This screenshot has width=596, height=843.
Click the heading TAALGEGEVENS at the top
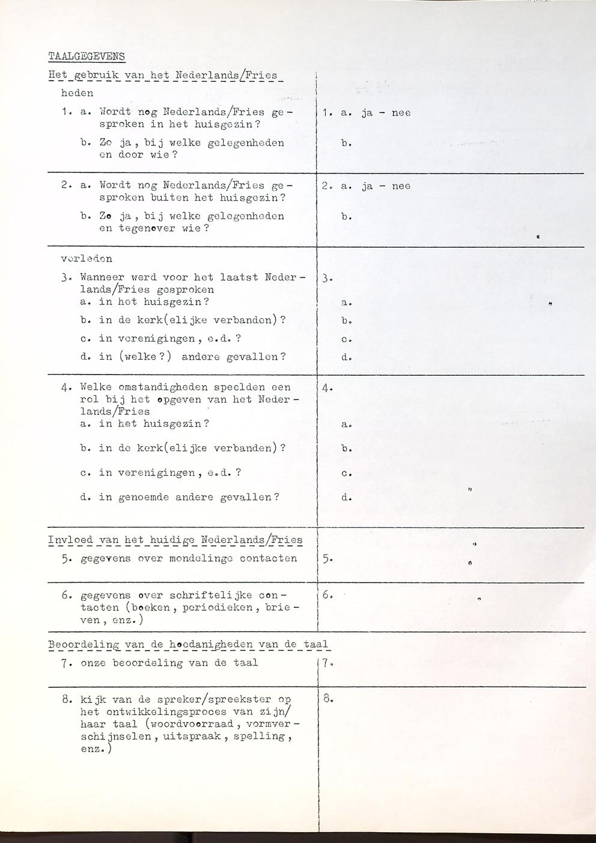coord(87,57)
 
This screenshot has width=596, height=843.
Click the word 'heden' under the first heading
coord(77,93)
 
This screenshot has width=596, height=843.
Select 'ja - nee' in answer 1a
coord(386,113)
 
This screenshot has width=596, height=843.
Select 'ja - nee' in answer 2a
coord(386,186)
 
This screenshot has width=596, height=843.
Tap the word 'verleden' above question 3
coord(87,259)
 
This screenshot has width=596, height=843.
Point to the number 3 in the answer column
coord(325,278)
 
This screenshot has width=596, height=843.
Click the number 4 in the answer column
coord(326,388)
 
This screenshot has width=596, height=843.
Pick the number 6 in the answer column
coord(326,595)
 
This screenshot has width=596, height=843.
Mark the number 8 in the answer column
coord(326,699)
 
